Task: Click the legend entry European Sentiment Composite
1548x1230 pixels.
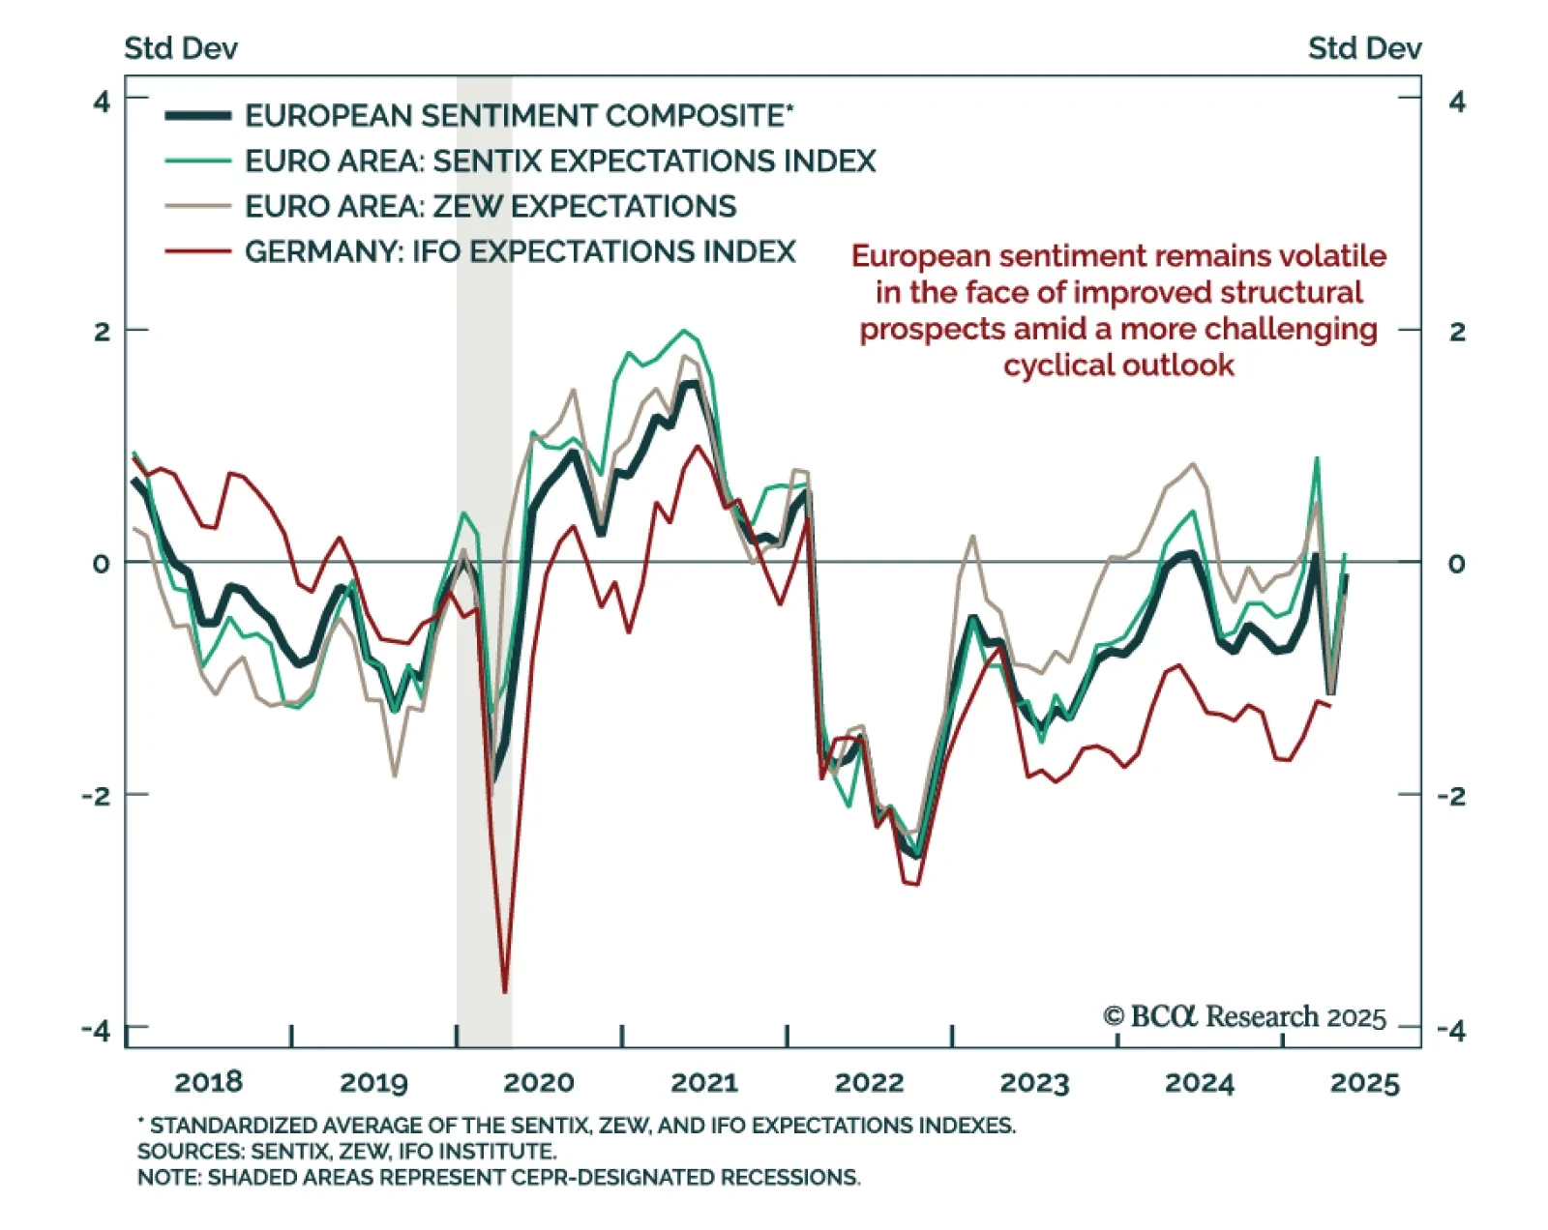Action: (x=518, y=116)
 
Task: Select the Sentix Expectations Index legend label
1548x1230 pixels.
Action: (x=559, y=161)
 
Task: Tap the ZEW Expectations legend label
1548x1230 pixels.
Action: (x=490, y=206)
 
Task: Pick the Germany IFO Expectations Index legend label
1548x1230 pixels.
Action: (x=520, y=251)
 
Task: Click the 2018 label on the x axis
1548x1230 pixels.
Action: (x=208, y=1082)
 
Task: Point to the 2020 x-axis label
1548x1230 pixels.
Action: (x=538, y=1082)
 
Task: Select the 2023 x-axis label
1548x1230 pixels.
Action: (x=1034, y=1082)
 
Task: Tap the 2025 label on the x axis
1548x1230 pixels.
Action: (x=1364, y=1082)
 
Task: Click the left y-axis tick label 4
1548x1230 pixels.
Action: (x=102, y=101)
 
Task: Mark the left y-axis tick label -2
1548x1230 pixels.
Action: (x=97, y=796)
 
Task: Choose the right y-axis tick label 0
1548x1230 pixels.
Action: (x=1456, y=564)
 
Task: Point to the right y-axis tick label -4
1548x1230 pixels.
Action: (x=1451, y=1030)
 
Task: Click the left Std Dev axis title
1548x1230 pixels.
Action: (x=181, y=48)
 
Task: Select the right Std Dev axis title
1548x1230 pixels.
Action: (x=1364, y=48)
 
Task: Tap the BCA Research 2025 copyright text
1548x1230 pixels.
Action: (x=1244, y=1017)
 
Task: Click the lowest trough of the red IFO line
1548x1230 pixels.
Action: (x=505, y=991)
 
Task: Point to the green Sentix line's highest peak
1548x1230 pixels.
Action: (x=685, y=331)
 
